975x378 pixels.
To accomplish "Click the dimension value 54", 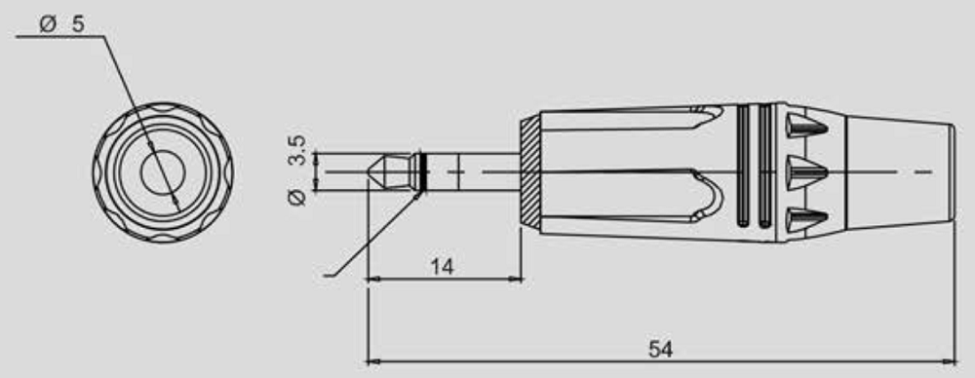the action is click(660, 349).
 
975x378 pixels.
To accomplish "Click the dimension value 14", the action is click(442, 267).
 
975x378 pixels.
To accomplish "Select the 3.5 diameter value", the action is click(297, 151).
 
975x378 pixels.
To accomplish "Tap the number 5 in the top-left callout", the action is click(78, 24).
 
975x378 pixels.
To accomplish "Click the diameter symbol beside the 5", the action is click(48, 25).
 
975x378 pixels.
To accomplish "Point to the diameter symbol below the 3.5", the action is click(297, 198).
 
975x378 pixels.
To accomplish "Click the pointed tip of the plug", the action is click(370, 171).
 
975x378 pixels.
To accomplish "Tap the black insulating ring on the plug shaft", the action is click(423, 171).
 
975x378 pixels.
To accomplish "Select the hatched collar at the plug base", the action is click(529, 171).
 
